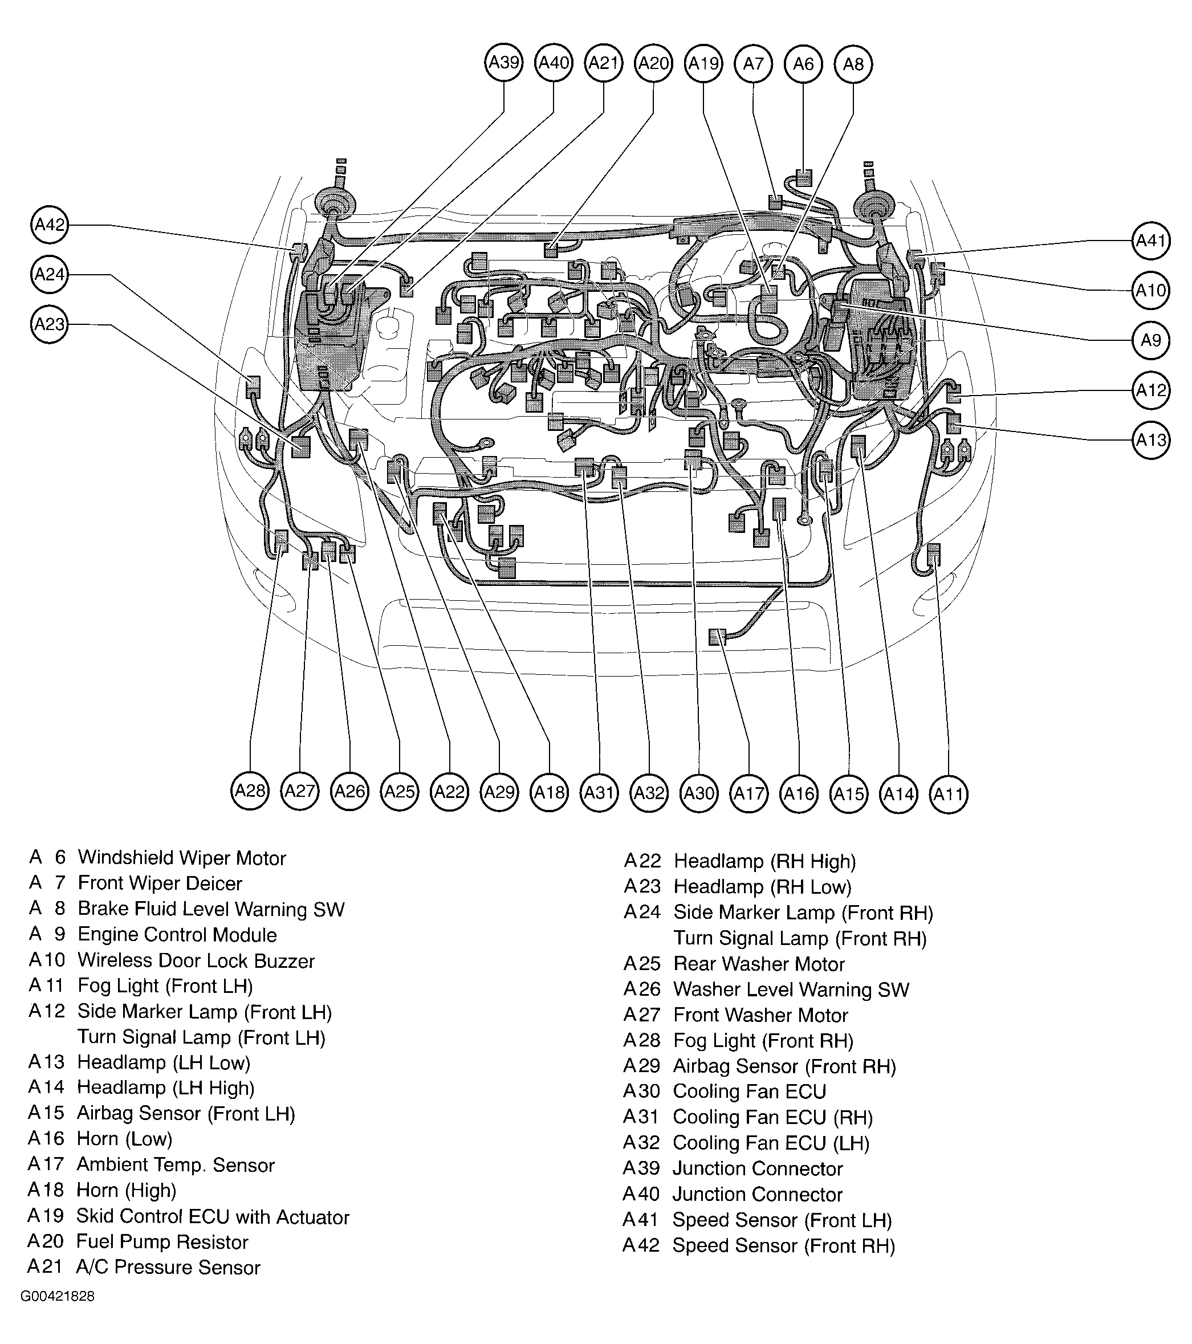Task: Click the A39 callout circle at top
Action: pyautogui.click(x=505, y=63)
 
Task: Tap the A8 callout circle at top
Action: pyautogui.click(x=853, y=64)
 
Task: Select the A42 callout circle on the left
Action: pyautogui.click(x=50, y=225)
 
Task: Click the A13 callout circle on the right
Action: pyautogui.click(x=1150, y=439)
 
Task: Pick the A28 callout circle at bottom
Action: pyautogui.click(x=250, y=791)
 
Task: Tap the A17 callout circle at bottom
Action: pyautogui.click(x=749, y=793)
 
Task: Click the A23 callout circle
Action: pyautogui.click(x=50, y=324)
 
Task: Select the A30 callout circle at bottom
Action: pyautogui.click(x=699, y=793)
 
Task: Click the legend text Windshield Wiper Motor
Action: pyautogui.click(x=181, y=857)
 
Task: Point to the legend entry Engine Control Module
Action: pyautogui.click(x=177, y=934)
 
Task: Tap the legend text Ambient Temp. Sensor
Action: pyautogui.click(x=176, y=1164)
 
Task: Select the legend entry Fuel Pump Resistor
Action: pyautogui.click(x=162, y=1241)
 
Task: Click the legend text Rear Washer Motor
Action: pyautogui.click(x=759, y=964)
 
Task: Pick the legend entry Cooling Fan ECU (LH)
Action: pyautogui.click(x=771, y=1143)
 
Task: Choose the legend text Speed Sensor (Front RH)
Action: pyautogui.click(x=783, y=1245)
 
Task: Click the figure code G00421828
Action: pyautogui.click(x=57, y=1296)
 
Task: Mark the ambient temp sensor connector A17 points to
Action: pyautogui.click(x=716, y=637)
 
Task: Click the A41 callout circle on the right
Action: pyautogui.click(x=1150, y=241)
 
